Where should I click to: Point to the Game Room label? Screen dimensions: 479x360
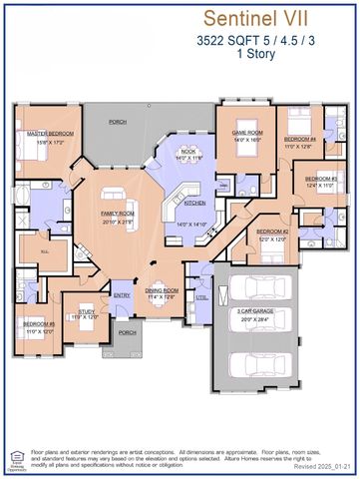tap(246, 134)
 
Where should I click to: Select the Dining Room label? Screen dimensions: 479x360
tap(161, 291)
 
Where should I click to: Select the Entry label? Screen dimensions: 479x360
tap(123, 295)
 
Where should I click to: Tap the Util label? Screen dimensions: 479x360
tap(201, 297)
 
